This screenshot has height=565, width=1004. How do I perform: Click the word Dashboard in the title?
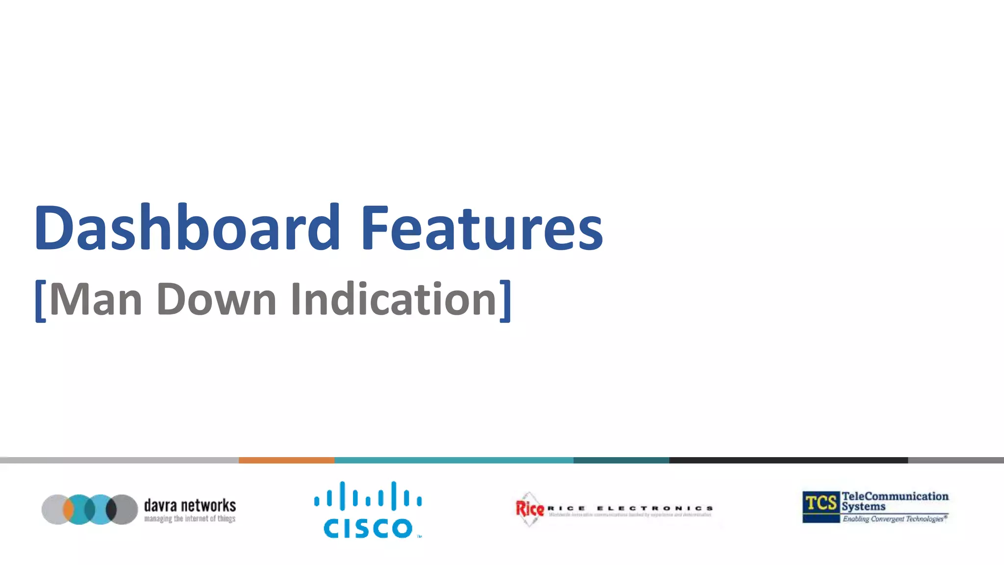[186, 228]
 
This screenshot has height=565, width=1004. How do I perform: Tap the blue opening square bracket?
[40, 301]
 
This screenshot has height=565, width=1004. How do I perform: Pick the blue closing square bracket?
[505, 301]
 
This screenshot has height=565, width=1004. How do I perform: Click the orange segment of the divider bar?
[286, 460]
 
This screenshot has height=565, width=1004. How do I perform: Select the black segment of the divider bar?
[788, 460]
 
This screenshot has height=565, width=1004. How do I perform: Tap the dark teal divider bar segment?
[621, 460]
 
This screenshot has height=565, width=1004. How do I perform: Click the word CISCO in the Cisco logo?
[368, 528]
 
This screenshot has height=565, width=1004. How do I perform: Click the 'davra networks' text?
[190, 505]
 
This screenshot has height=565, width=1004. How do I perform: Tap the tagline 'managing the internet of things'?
[190, 519]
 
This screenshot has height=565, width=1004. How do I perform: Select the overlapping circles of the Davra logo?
[90, 509]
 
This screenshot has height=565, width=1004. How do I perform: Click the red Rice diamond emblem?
[529, 509]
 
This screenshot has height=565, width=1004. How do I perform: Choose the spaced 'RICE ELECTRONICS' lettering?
[630, 508]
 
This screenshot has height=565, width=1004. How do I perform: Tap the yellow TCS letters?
[821, 503]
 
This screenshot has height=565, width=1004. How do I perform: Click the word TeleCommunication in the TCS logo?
[895, 496]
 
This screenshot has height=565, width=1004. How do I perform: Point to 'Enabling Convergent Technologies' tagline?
[894, 519]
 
